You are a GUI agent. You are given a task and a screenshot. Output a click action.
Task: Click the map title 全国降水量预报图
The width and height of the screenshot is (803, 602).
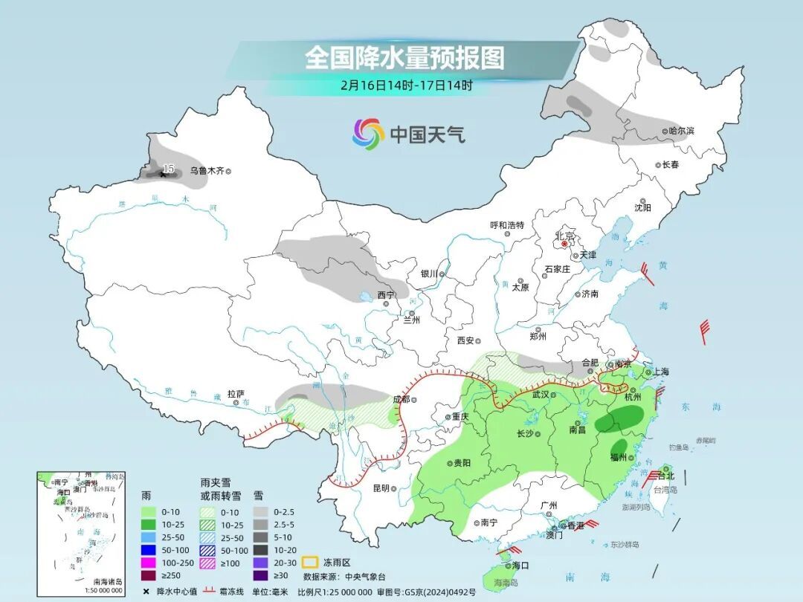tap(404, 57)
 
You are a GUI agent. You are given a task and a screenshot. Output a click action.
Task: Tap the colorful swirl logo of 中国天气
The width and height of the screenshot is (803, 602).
tap(368, 134)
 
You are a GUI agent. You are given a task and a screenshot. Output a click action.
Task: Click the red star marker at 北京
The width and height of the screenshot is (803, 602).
tap(565, 243)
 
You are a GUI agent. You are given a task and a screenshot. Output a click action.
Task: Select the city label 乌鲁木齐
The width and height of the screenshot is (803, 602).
tap(206, 170)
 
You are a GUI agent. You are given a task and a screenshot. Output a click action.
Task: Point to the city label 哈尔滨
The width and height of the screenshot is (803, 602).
tap(680, 131)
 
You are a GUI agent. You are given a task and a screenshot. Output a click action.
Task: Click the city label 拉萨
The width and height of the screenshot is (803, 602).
tap(236, 394)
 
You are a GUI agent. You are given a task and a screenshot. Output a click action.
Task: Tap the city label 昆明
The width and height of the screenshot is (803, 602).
tap(381, 488)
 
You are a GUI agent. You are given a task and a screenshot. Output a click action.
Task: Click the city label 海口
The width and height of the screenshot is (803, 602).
tap(520, 566)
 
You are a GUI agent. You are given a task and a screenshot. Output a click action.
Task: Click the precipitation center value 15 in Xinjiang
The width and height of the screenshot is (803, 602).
tap(169, 169)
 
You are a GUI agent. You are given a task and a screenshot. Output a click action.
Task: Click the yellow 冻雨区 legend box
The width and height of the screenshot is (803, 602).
tap(311, 562)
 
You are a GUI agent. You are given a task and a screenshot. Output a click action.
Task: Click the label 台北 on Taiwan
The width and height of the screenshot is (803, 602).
tap(665, 476)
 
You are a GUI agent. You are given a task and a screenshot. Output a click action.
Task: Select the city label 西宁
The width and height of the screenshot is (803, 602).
tap(385, 295)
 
